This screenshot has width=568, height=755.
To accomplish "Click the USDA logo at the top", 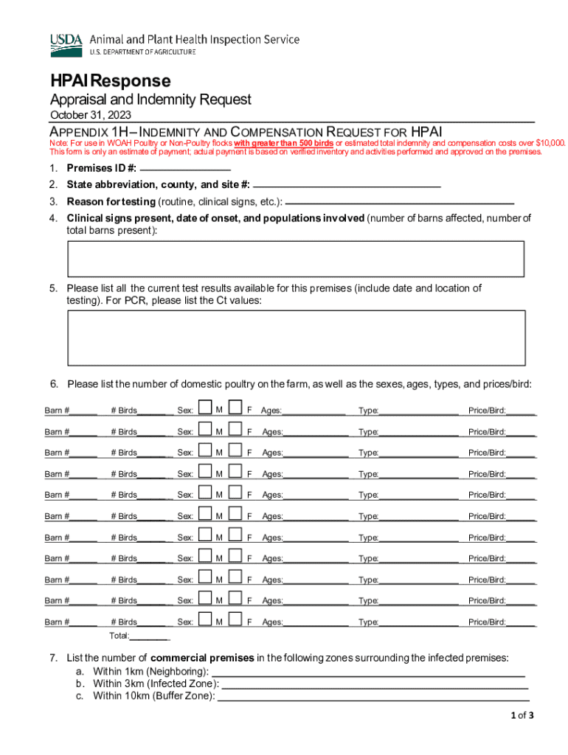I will pyautogui.click(x=67, y=45).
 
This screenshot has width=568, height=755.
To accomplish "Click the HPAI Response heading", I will pyautogui.click(x=110, y=80).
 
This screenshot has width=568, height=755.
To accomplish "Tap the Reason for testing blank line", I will pyautogui.click(x=399, y=201).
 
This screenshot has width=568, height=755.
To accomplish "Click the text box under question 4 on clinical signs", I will pyautogui.click(x=296, y=259).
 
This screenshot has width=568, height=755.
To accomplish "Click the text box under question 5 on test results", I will pyautogui.click(x=296, y=338).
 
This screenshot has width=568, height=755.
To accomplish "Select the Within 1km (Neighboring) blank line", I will pyautogui.click(x=368, y=672).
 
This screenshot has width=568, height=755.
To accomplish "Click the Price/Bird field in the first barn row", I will pyautogui.click(x=521, y=411).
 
